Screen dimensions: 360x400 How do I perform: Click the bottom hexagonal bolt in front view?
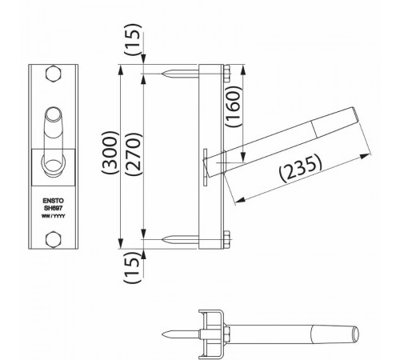pyautogui.click(x=54, y=238)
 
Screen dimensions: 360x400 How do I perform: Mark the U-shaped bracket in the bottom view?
pyautogui.click(x=210, y=330)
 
